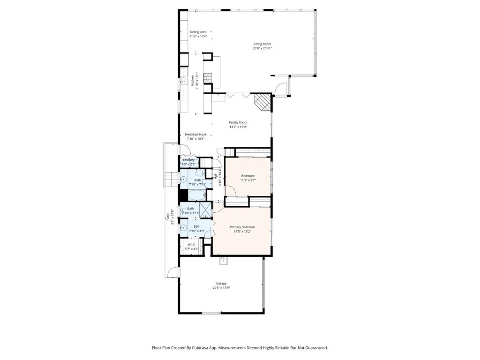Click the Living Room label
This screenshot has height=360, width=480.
pos(262,44)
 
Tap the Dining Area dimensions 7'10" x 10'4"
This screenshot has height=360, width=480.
pos(198,36)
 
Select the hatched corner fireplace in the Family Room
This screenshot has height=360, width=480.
pos(262,101)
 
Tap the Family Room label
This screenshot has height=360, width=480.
pos(238,122)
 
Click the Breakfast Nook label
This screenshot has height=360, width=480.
pos(195,134)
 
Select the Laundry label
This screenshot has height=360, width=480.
pos(188,160)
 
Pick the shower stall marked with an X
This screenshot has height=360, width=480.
pos(206,209)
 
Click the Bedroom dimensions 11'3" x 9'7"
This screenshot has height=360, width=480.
pos(247,180)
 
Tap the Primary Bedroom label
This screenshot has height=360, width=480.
pos(242,227)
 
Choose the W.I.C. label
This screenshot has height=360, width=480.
pos(192,245)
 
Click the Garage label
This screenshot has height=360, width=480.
pos(221,284)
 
